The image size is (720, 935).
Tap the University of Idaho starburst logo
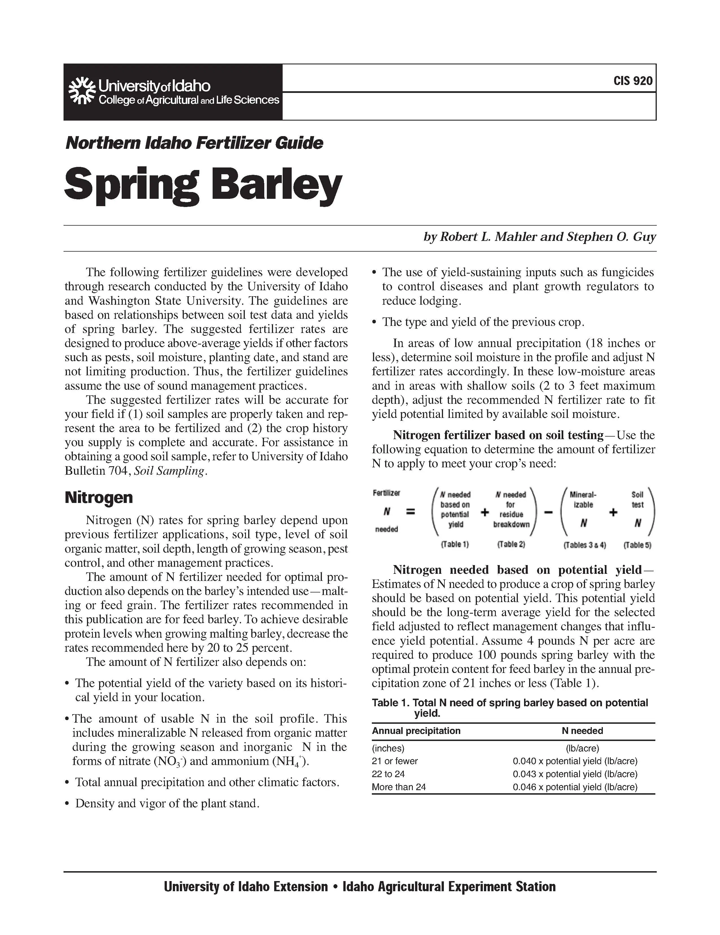[x=82, y=91]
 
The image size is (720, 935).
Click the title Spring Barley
[x=203, y=185]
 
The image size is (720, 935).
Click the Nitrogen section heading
[x=99, y=498]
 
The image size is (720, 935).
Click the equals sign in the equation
[x=410, y=511]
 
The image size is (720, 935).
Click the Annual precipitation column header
[x=416, y=731]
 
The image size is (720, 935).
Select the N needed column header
[x=582, y=731]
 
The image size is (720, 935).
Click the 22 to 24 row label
[x=388, y=774]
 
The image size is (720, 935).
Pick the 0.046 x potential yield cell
[x=575, y=787]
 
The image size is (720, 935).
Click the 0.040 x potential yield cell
[x=575, y=761]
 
